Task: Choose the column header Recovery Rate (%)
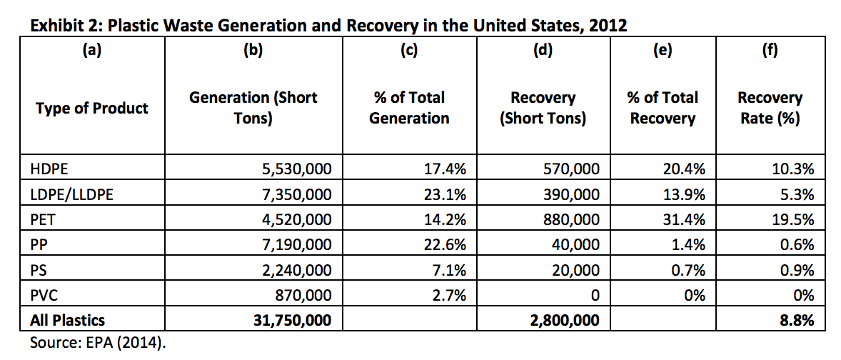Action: [770, 107]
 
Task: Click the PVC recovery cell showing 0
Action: [594, 296]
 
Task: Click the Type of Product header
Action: [91, 108]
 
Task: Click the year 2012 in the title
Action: [607, 25]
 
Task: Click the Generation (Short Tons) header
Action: [253, 107]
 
